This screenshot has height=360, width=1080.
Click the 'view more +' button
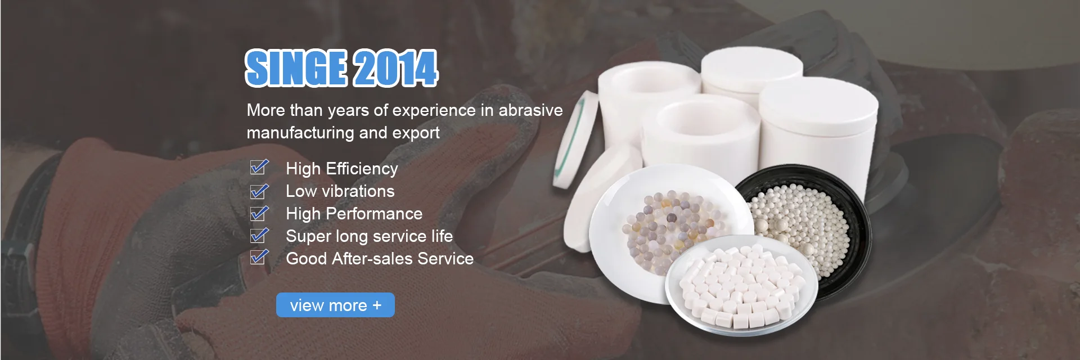[x=335, y=305]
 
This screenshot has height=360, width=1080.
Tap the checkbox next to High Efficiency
[x=259, y=168]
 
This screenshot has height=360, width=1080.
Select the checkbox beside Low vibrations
[x=259, y=191]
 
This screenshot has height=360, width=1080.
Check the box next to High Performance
[x=259, y=213]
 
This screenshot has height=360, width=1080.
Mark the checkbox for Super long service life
[x=259, y=235]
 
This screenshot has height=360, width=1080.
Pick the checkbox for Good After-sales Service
[x=259, y=257]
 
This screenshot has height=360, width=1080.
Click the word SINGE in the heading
[x=296, y=68]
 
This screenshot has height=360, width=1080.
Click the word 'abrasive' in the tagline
[x=530, y=110]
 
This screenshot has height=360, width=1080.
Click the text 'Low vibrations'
[x=340, y=191]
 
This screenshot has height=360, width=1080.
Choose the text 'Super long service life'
[x=370, y=236]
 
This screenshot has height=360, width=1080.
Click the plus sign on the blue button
[x=377, y=305]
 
